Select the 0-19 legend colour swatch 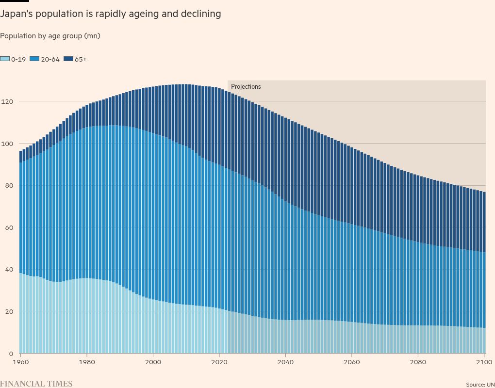5,59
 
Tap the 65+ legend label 81,59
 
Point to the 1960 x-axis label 20,362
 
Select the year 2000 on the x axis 153,362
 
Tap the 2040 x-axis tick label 286,362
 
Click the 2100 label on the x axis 484,362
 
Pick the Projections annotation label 246,87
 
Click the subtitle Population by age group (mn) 50,36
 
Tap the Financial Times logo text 36,384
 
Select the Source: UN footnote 480,384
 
